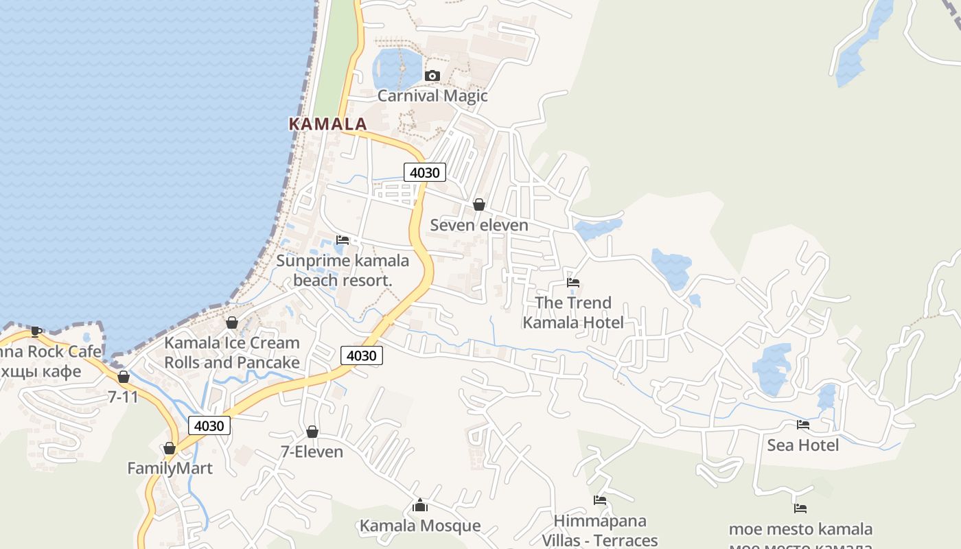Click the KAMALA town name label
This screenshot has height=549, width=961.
(x=327, y=124)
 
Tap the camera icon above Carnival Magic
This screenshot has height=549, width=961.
(x=432, y=75)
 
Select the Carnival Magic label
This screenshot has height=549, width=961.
(x=432, y=95)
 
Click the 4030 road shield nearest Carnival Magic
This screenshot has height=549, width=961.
(x=424, y=172)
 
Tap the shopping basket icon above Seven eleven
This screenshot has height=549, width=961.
(x=479, y=205)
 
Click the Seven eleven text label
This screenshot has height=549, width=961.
(x=479, y=225)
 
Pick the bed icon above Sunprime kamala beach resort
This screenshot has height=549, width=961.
(x=343, y=240)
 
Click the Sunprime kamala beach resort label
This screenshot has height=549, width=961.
(x=343, y=270)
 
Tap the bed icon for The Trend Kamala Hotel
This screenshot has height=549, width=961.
(x=573, y=282)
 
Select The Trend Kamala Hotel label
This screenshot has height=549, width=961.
(x=573, y=312)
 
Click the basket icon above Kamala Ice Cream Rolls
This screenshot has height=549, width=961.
(x=232, y=323)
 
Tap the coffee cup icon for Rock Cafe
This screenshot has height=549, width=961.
(x=36, y=332)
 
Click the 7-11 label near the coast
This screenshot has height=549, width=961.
(x=123, y=397)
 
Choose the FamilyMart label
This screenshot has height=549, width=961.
(x=170, y=468)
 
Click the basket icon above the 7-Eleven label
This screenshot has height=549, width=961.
(x=312, y=432)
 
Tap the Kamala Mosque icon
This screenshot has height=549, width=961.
(x=420, y=506)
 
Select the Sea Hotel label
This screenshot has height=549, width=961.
(x=802, y=445)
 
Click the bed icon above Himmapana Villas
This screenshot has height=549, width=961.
(x=600, y=500)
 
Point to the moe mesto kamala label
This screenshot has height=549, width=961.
(x=800, y=529)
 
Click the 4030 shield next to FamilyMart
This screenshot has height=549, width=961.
(x=209, y=425)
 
